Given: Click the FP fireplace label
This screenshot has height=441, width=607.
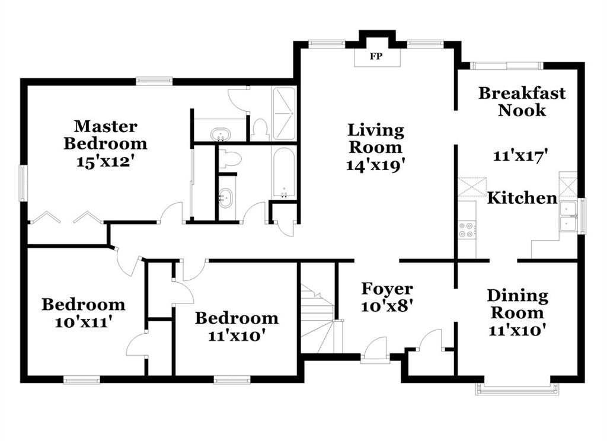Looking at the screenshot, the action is click(376, 56).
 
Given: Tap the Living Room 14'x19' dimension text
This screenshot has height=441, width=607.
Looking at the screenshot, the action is click(375, 166).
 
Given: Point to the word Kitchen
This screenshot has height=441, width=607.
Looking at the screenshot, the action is click(522, 198).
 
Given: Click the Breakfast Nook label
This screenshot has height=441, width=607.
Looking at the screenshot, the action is click(522, 101).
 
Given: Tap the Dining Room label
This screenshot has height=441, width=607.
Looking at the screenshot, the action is click(517, 304).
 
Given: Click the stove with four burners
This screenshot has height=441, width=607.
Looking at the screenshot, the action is click(467, 229).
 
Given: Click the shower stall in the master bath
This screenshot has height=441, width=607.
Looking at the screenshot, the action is click(284, 113).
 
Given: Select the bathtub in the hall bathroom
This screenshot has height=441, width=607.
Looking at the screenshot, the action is click(284, 172).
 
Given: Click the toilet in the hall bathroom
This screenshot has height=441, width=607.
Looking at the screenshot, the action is click(229, 158).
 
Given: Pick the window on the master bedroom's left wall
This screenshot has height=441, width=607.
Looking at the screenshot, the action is click(24, 183).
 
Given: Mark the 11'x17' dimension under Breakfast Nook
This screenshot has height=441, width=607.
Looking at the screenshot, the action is click(520, 156).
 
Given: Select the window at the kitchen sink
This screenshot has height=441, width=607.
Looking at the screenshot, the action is click(582, 216).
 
